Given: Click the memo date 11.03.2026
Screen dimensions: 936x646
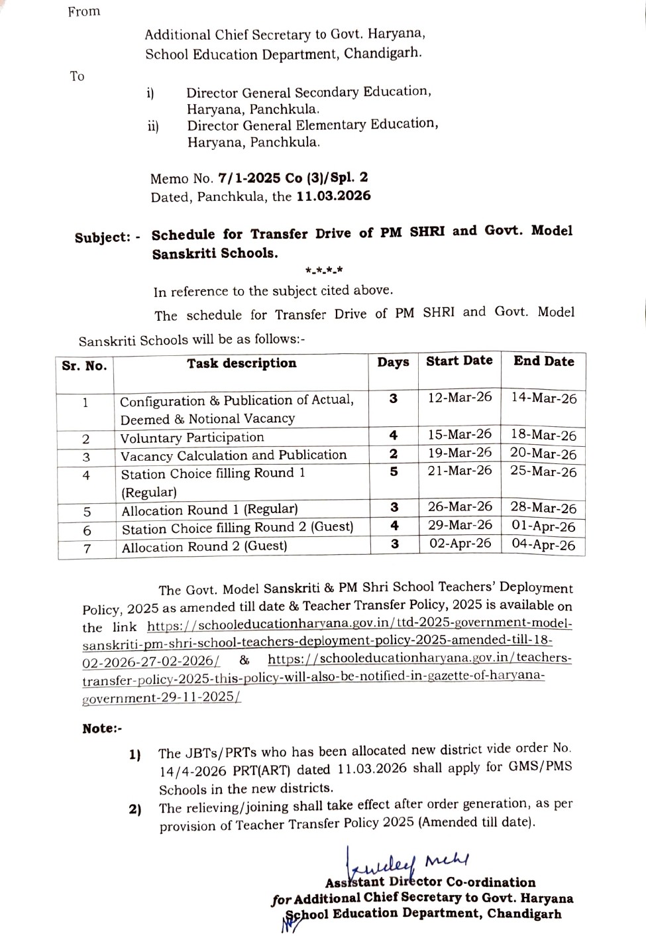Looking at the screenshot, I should tap(333, 196).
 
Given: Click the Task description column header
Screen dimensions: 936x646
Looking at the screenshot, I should tap(241, 363).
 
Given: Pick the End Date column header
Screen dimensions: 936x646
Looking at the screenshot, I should tap(543, 361).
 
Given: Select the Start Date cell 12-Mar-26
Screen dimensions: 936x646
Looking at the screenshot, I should tap(460, 397).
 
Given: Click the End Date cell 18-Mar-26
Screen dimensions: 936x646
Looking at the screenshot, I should tap(543, 436).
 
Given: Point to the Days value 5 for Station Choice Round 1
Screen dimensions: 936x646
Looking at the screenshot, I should tap(394, 471).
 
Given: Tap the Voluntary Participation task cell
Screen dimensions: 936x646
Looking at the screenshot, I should tap(192, 438).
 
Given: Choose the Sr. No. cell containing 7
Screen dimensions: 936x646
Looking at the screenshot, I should tap(87, 549).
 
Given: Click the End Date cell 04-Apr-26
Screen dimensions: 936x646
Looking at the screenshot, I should tap(543, 545).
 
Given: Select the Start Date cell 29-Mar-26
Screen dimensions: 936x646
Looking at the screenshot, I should tap(460, 525).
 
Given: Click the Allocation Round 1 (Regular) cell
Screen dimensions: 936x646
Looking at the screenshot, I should tap(209, 510).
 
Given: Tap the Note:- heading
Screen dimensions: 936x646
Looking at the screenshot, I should tap(102, 729).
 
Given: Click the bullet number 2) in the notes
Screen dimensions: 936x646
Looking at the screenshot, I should tap(135, 809).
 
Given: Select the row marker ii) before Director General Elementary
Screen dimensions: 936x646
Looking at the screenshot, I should tap(153, 126).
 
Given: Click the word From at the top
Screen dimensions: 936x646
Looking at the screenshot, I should tap(83, 12).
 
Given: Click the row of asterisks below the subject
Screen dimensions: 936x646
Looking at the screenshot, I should tap(323, 270).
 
